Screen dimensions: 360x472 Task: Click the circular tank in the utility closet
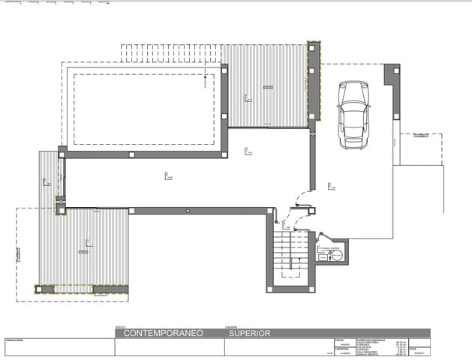[x=338, y=256]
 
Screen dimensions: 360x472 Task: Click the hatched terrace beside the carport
[x=266, y=85]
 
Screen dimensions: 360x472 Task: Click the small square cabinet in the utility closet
[x=322, y=257]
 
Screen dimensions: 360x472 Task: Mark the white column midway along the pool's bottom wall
[x=132, y=154]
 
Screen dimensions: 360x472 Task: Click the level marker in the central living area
[x=167, y=176]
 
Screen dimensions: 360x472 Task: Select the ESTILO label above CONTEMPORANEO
[x=120, y=326]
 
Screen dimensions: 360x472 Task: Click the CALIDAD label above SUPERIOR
[x=231, y=326]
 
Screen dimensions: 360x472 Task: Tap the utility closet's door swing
[x=324, y=238]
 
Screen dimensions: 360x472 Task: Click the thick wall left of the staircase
[x=269, y=251]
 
